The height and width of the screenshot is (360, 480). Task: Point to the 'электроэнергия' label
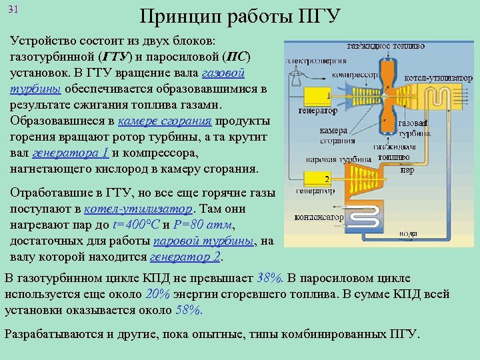click(x=312, y=59)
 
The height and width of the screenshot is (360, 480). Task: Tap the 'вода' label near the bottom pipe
click(x=409, y=234)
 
